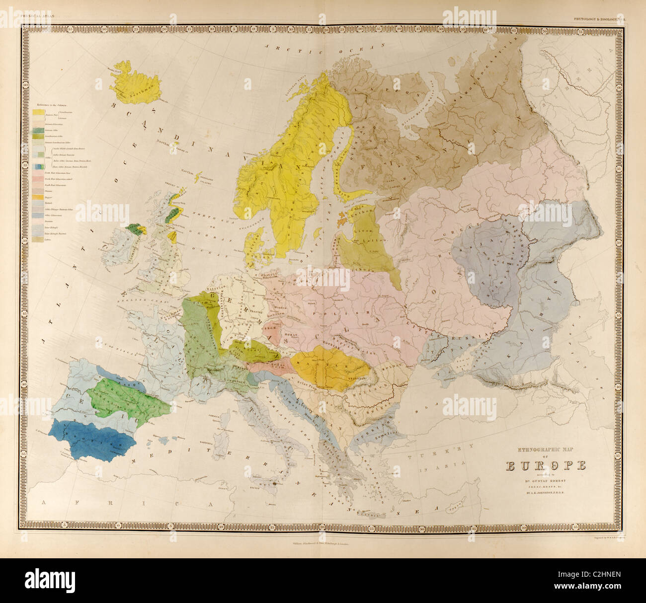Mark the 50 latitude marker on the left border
tap(24, 240)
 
